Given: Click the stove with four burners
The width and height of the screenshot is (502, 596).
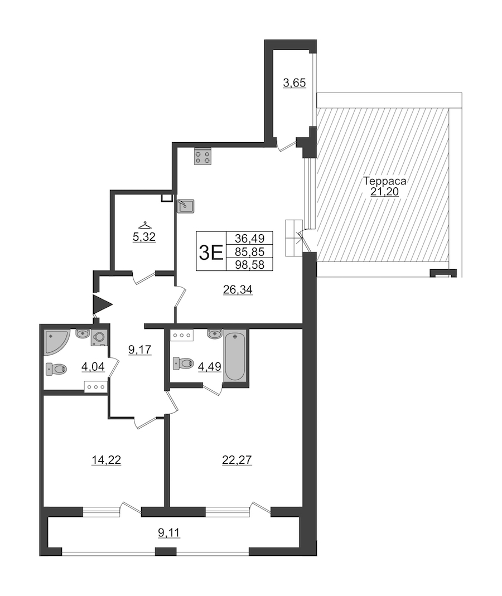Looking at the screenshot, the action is (x=203, y=157).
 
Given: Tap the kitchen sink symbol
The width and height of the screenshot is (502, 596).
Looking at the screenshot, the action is (x=186, y=206).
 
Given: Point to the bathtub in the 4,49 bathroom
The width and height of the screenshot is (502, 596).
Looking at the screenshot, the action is (x=234, y=355).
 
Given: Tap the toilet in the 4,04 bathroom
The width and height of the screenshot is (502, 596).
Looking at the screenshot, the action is (x=56, y=369).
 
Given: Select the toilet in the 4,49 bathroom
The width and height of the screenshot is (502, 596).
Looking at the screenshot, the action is (x=183, y=363).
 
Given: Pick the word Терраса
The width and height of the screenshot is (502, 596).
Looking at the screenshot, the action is (x=384, y=181).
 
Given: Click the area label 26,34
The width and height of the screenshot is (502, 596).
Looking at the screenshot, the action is (x=238, y=290).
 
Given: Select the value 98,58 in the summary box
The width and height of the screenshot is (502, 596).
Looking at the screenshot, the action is (x=249, y=265).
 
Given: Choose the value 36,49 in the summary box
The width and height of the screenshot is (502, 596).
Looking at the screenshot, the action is (x=249, y=238).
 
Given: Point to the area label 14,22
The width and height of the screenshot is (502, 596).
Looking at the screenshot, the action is (x=106, y=460).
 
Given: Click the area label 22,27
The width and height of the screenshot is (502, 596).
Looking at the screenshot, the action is (x=237, y=460).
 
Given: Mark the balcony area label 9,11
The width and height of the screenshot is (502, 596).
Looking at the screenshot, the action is (x=169, y=533).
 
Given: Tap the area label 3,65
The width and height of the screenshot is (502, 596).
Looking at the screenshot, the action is (x=295, y=83).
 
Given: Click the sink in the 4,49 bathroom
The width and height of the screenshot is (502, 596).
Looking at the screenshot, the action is (x=215, y=334).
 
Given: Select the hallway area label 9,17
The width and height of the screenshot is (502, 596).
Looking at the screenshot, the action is (x=140, y=350).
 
